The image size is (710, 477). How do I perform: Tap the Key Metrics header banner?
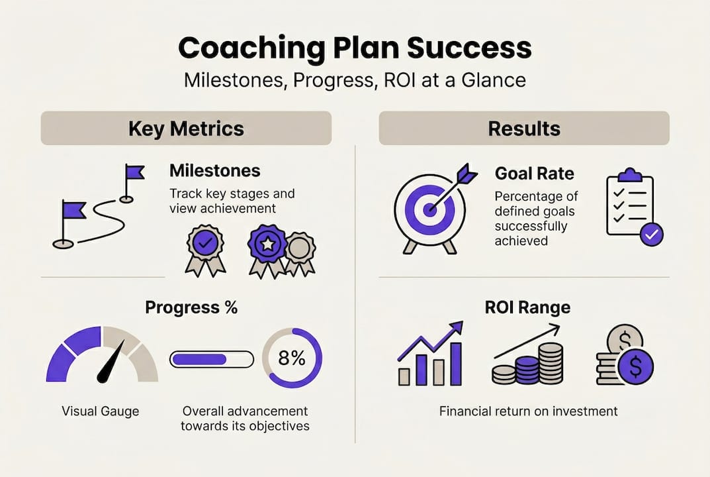tap(186, 129)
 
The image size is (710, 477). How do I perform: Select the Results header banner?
tap(524, 129)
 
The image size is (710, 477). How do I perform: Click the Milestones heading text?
tap(215, 171)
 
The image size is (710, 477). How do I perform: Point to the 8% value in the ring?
tap(292, 358)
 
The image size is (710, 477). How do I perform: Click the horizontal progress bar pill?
tap(212, 360)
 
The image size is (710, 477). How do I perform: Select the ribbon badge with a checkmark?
tap(205, 250)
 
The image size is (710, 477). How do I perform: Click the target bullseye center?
tap(429, 209)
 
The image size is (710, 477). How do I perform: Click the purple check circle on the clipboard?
tap(652, 235)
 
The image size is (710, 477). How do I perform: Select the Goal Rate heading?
tap(534, 174)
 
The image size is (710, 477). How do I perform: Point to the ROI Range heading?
tap(527, 307)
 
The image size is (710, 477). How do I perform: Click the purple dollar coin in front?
tap(636, 366)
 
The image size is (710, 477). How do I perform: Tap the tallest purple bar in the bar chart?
tap(455, 364)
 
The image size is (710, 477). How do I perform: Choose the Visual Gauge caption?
tap(101, 411)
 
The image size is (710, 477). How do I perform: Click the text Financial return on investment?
tap(529, 411)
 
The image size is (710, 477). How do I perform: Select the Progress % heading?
tap(191, 307)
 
